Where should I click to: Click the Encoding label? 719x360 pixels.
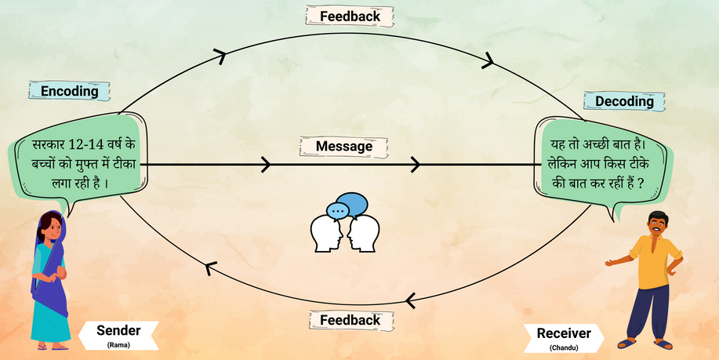69,90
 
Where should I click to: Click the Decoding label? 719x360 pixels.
623,101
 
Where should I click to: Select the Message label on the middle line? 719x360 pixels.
344,147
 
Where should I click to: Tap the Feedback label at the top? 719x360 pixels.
350,16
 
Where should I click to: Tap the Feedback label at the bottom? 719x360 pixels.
350,320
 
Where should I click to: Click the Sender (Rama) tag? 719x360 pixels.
118,333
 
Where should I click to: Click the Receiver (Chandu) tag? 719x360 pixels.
563,336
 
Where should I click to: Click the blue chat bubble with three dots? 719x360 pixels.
339,210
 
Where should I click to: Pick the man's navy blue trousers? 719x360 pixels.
651,310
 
